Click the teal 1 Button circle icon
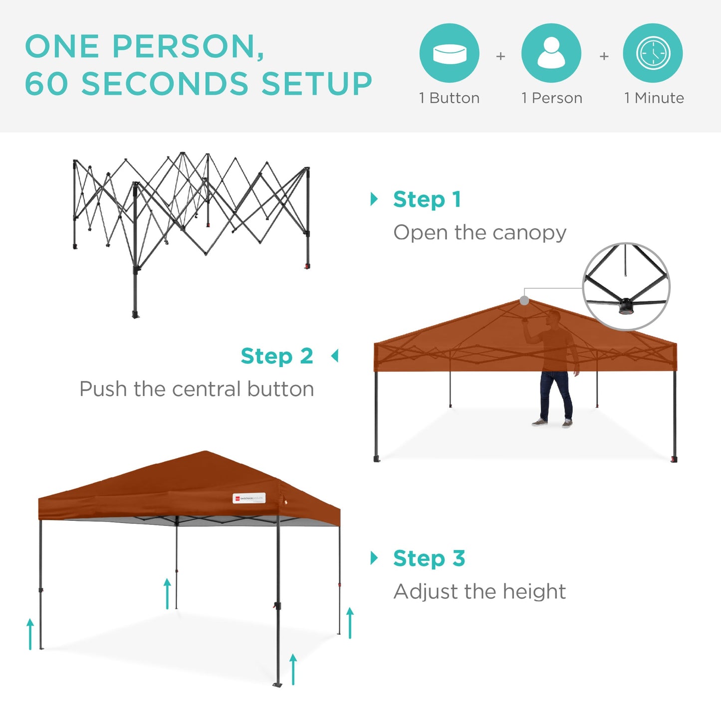pos(449,53)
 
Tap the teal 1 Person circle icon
pos(551,53)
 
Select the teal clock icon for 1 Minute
pos(653,53)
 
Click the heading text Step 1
pos(427,200)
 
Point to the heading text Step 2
pos(277,356)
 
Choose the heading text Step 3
pos(429,558)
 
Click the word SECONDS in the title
pos(165,83)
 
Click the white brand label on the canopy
pos(249,498)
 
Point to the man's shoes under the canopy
pos(552,423)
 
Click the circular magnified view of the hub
pos(626,286)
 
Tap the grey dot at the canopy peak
pos(524,300)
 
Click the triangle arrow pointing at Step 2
pos(335,356)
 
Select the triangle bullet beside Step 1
pos(374,199)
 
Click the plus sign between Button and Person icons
pos(500,56)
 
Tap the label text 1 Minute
pos(654,98)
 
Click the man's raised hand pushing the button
pos(525,320)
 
